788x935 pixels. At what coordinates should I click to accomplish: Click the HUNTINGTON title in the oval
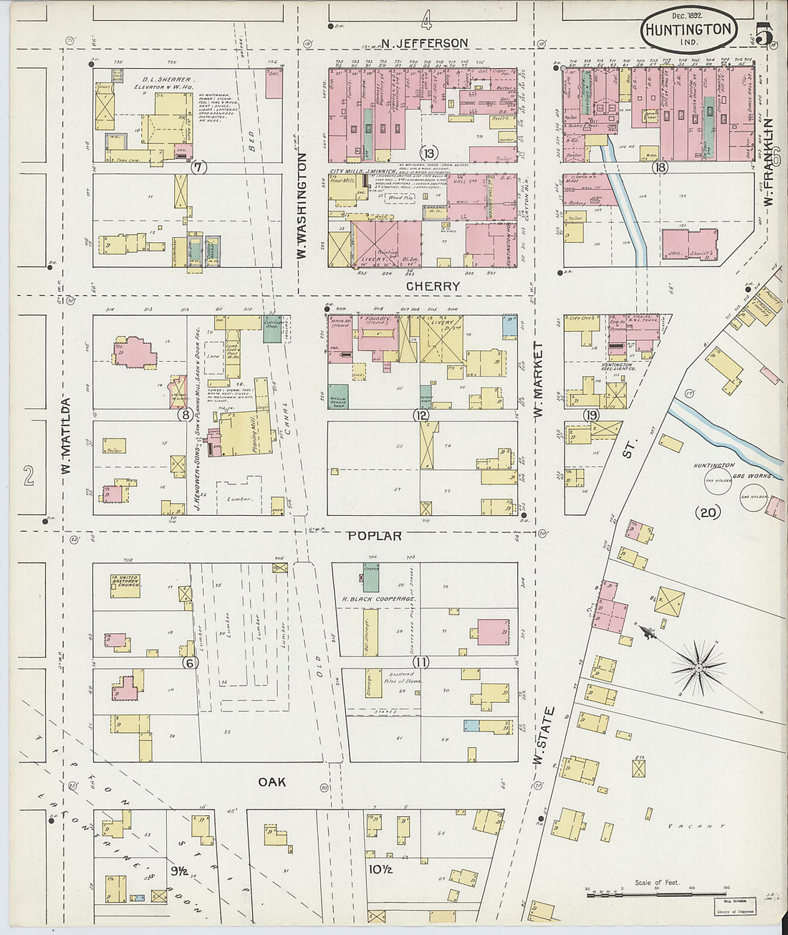688,30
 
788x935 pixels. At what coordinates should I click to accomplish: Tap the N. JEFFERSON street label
424,44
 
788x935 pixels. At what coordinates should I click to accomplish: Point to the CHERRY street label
432,286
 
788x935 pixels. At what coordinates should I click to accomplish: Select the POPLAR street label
374,536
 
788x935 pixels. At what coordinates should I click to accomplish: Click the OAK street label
272,782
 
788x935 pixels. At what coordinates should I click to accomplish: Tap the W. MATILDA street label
65,436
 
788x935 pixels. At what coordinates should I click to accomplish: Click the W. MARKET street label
537,380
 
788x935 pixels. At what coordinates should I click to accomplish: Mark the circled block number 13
428,153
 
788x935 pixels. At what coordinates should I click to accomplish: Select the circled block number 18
660,168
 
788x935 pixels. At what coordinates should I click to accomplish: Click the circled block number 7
198,168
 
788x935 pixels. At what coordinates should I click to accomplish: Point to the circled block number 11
420,662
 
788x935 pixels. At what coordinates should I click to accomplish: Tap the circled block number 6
189,662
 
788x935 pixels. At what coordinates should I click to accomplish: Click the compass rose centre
697,668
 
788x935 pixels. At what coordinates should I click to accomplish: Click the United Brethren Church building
125,584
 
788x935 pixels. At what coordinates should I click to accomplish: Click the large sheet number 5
763,34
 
